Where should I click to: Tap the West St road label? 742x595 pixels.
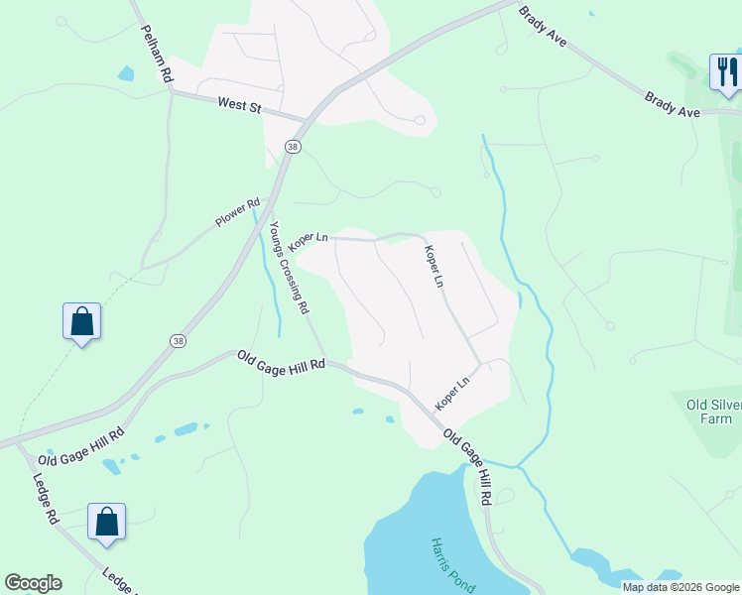click(x=239, y=104)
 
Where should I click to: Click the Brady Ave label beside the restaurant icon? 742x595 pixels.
click(x=673, y=105)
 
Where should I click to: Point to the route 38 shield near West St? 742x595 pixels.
click(x=292, y=147)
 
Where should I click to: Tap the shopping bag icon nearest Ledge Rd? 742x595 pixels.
click(x=106, y=523)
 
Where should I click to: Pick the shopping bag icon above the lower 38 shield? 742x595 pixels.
click(x=81, y=321)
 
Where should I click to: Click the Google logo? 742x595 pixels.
click(x=33, y=583)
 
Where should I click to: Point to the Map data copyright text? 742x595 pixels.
click(x=680, y=587)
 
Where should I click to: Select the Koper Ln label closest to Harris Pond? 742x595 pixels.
click(x=452, y=394)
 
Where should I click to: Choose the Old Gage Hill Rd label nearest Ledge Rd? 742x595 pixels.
click(x=81, y=448)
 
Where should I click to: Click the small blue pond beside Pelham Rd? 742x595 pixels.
click(x=125, y=72)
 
